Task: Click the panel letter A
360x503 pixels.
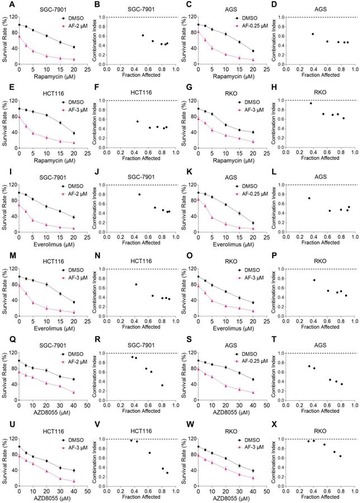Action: pos(4,5)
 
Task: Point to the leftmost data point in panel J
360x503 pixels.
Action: pos(139,194)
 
